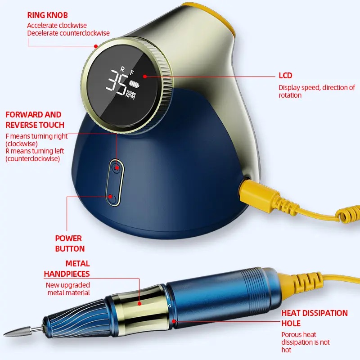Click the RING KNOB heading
tap(47, 15)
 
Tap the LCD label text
tap(285, 76)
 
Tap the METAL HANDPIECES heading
tap(67, 269)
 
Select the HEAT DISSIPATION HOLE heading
tap(314, 318)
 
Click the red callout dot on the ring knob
tap(96, 45)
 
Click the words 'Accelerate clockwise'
tap(57, 26)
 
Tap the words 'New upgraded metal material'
tap(68, 289)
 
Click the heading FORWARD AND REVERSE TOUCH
tap(34, 120)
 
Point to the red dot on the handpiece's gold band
tap(139, 304)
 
